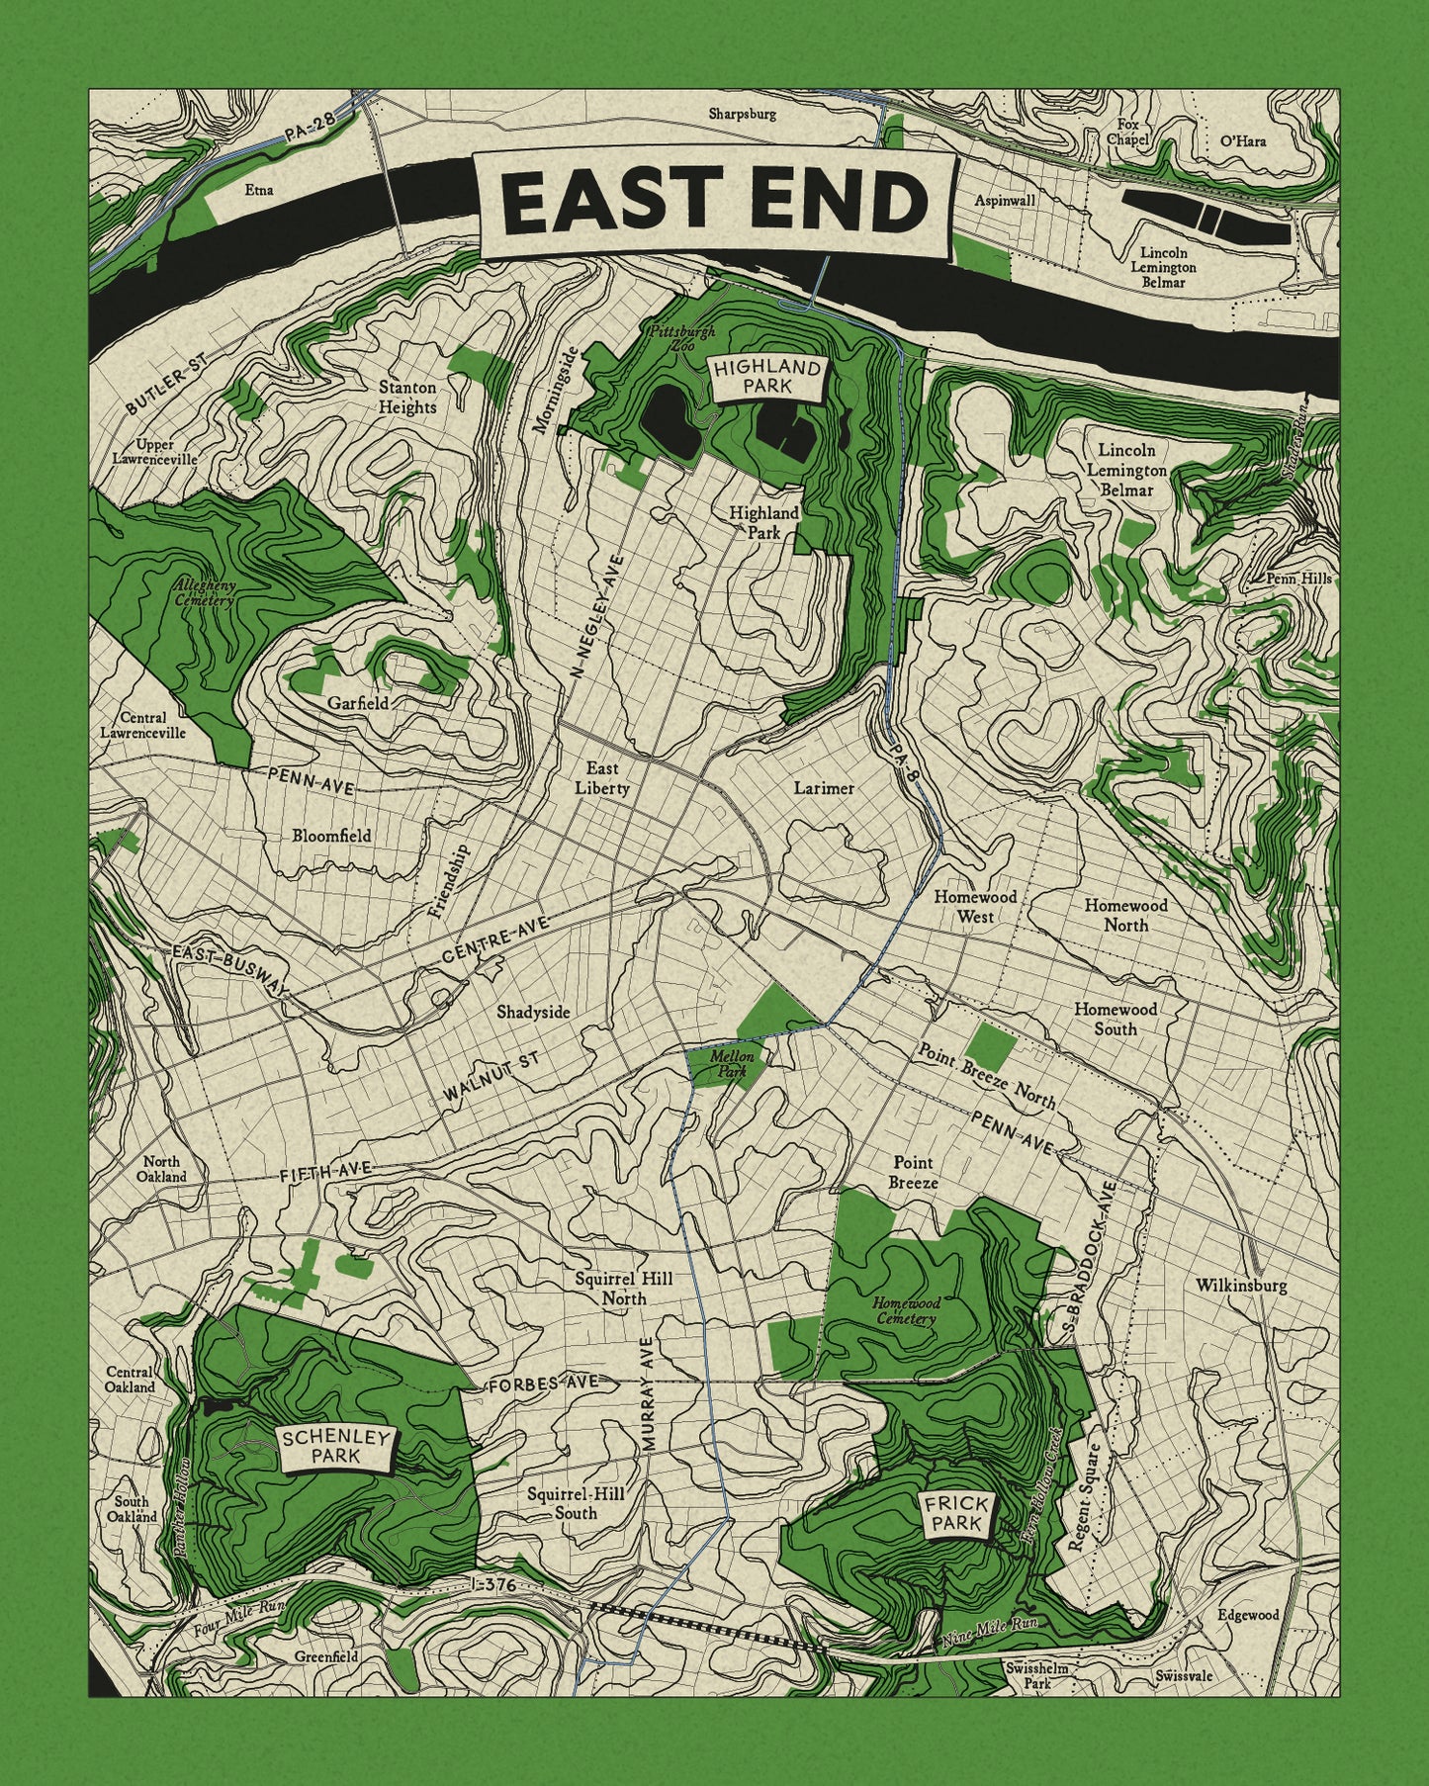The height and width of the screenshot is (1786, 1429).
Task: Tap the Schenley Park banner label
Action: pos(335,1448)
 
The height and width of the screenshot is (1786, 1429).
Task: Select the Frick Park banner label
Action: pos(956,1515)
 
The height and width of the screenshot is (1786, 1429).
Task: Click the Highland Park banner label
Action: pos(767,377)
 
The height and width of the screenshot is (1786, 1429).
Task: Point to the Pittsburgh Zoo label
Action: pos(681,339)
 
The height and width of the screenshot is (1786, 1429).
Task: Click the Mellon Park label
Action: pos(732,1064)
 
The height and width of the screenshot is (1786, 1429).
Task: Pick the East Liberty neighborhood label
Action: pos(602,778)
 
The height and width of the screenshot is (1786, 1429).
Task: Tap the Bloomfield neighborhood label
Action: pos(331,836)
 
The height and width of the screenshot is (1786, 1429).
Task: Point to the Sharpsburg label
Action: pos(742,114)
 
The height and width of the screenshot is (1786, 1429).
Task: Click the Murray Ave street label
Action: pos(648,1393)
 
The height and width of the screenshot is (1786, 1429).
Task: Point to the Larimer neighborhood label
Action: pos(823,788)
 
